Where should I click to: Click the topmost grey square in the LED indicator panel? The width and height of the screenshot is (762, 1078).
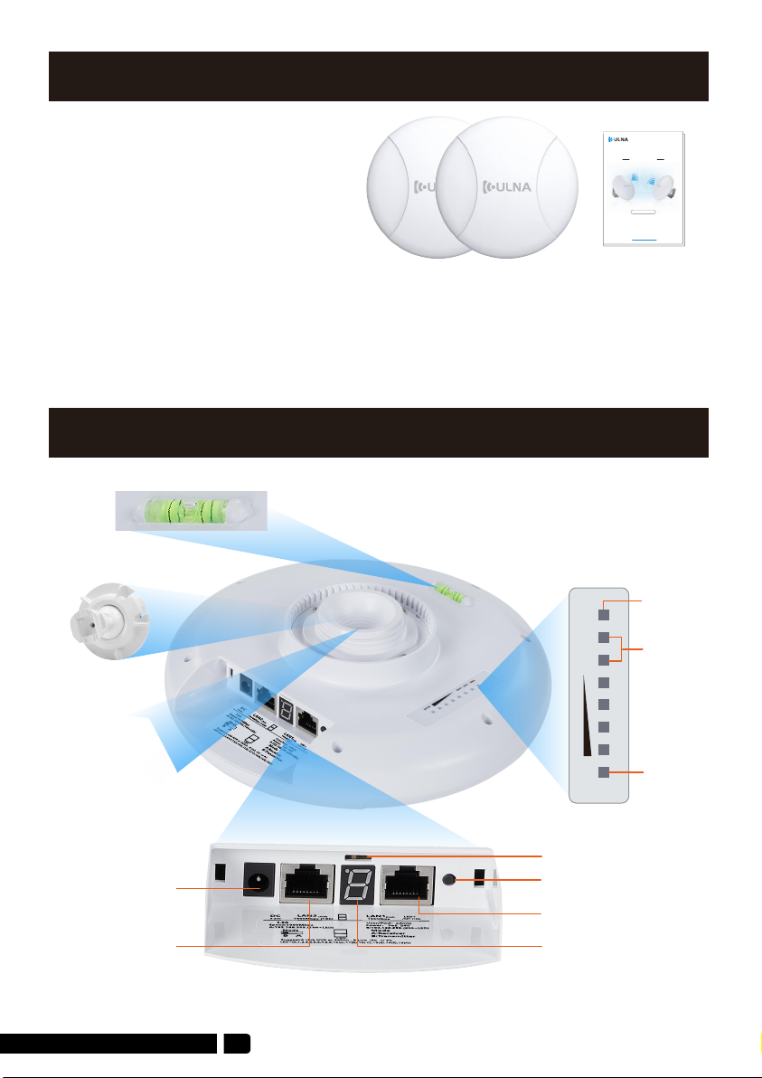click(x=604, y=614)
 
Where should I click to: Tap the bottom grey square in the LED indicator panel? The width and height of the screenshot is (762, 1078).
click(x=604, y=773)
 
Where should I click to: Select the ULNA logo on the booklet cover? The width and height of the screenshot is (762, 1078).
click(x=621, y=138)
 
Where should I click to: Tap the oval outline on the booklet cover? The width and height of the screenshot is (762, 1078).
click(x=644, y=213)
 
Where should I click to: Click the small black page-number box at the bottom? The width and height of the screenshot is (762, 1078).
click(x=237, y=1043)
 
